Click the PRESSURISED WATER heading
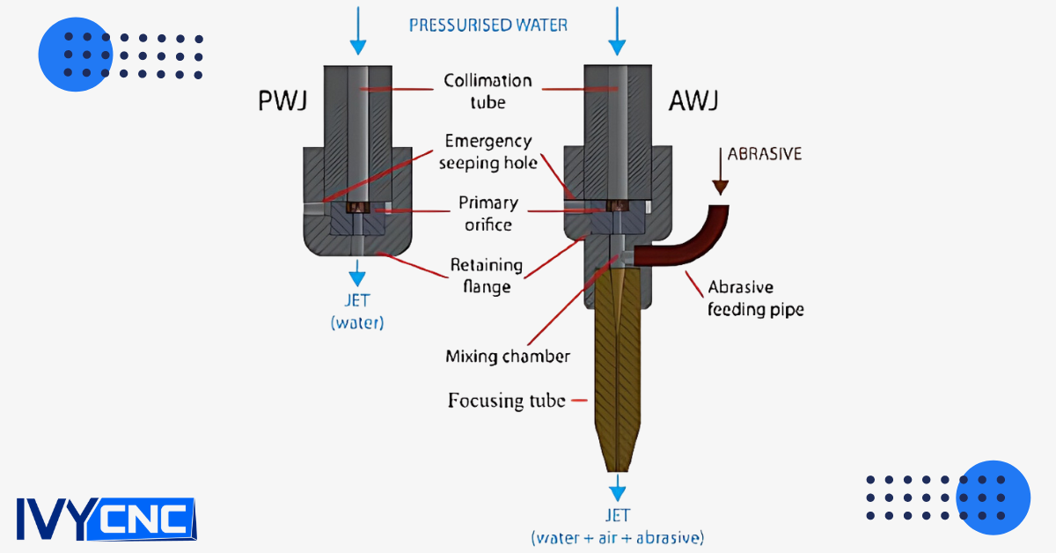[x=488, y=25]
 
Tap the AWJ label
[x=694, y=101]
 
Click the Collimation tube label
[x=488, y=92]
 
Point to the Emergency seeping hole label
[x=488, y=151]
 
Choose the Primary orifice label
[x=488, y=213]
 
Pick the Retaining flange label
[x=487, y=275]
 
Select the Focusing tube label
[x=506, y=401]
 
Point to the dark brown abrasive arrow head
[x=721, y=186]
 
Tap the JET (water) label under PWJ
[x=357, y=313]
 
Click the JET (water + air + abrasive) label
[x=617, y=526]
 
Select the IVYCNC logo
[x=105, y=520]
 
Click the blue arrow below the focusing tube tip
[x=618, y=487]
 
